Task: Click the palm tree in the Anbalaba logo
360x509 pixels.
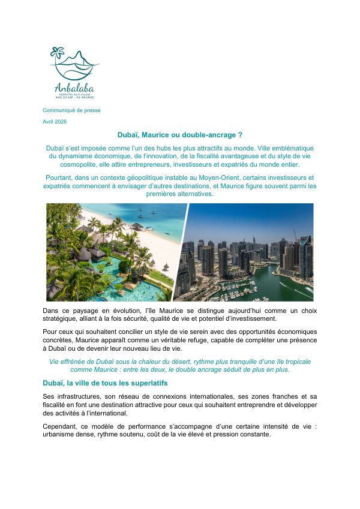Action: [x=58, y=53]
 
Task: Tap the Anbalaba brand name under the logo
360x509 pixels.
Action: [x=74, y=88]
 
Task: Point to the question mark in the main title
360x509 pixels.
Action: [x=240, y=136]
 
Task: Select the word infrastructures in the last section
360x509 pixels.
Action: [x=76, y=397]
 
